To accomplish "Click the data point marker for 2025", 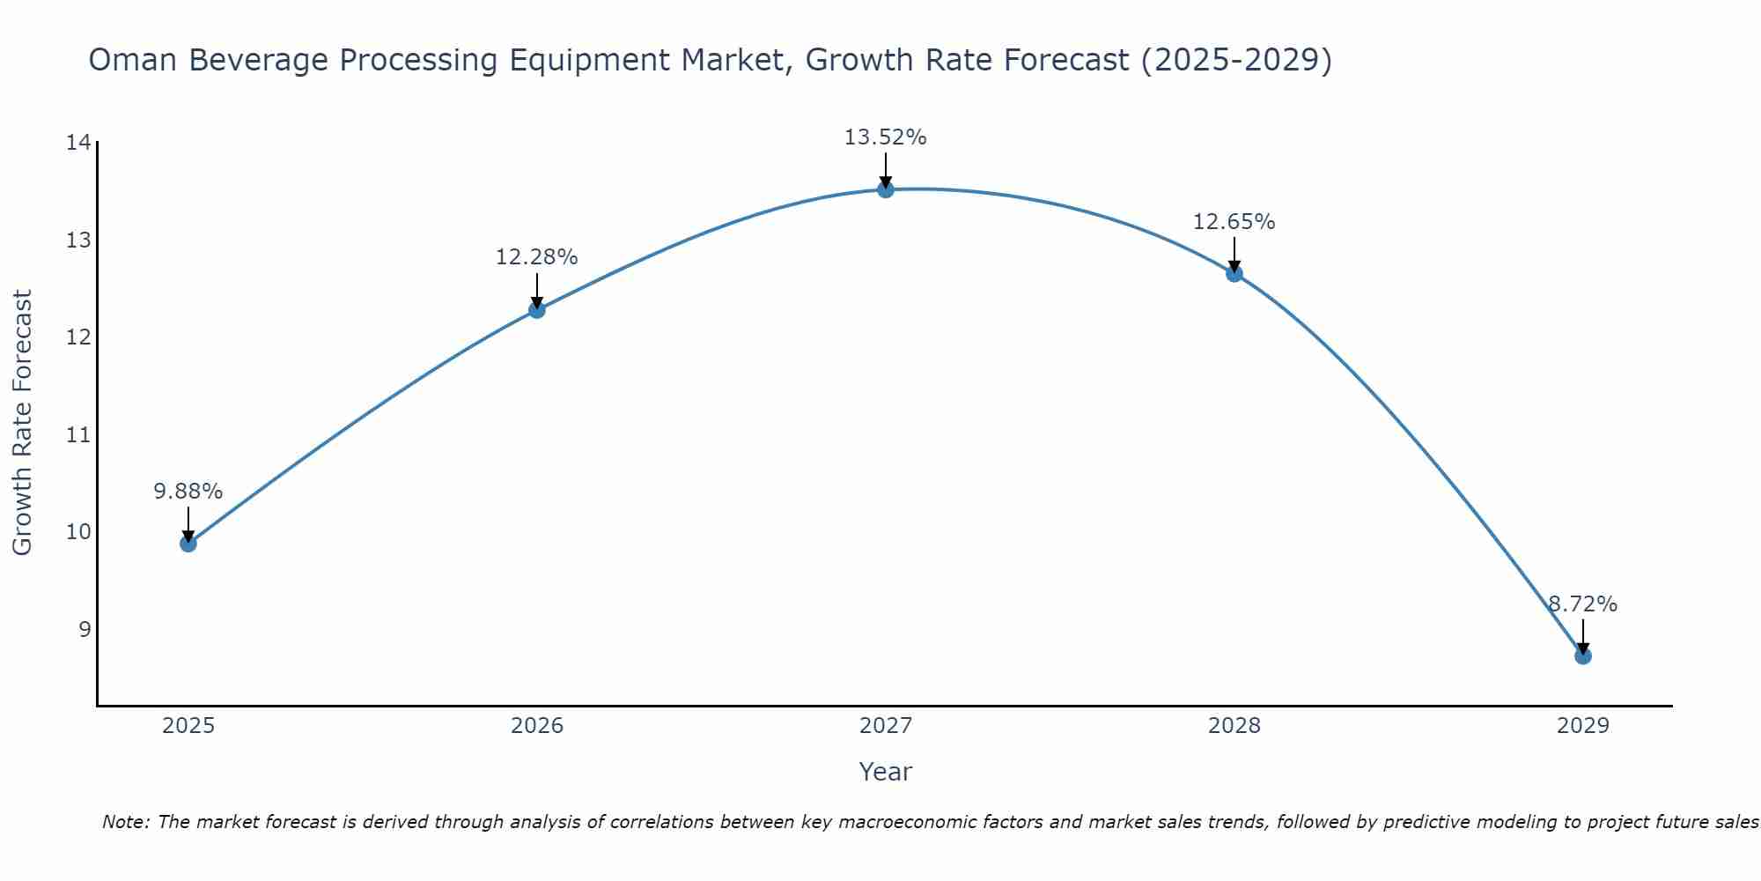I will (x=188, y=544).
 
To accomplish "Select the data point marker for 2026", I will (x=537, y=310).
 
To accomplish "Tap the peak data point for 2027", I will (x=886, y=189).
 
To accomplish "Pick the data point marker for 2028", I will (x=1234, y=274).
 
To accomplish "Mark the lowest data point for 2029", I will (x=1583, y=656).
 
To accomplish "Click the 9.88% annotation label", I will (x=188, y=492).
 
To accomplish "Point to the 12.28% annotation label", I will (x=537, y=257).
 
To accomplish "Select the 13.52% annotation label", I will (x=886, y=137).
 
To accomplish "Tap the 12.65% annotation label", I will (x=1234, y=222).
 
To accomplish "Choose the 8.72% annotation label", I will (x=1583, y=604).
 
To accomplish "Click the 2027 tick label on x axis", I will (x=886, y=726).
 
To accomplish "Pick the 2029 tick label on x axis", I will (x=1583, y=726).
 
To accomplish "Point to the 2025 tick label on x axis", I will (x=188, y=726).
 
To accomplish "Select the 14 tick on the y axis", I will (x=78, y=143).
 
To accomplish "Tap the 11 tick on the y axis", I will (x=78, y=434).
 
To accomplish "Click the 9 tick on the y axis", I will (x=85, y=629).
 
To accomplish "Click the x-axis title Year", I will (x=886, y=772).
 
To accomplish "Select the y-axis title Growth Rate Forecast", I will (x=23, y=423).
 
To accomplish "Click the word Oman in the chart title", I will (x=133, y=61).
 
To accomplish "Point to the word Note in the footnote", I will (x=126, y=822).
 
